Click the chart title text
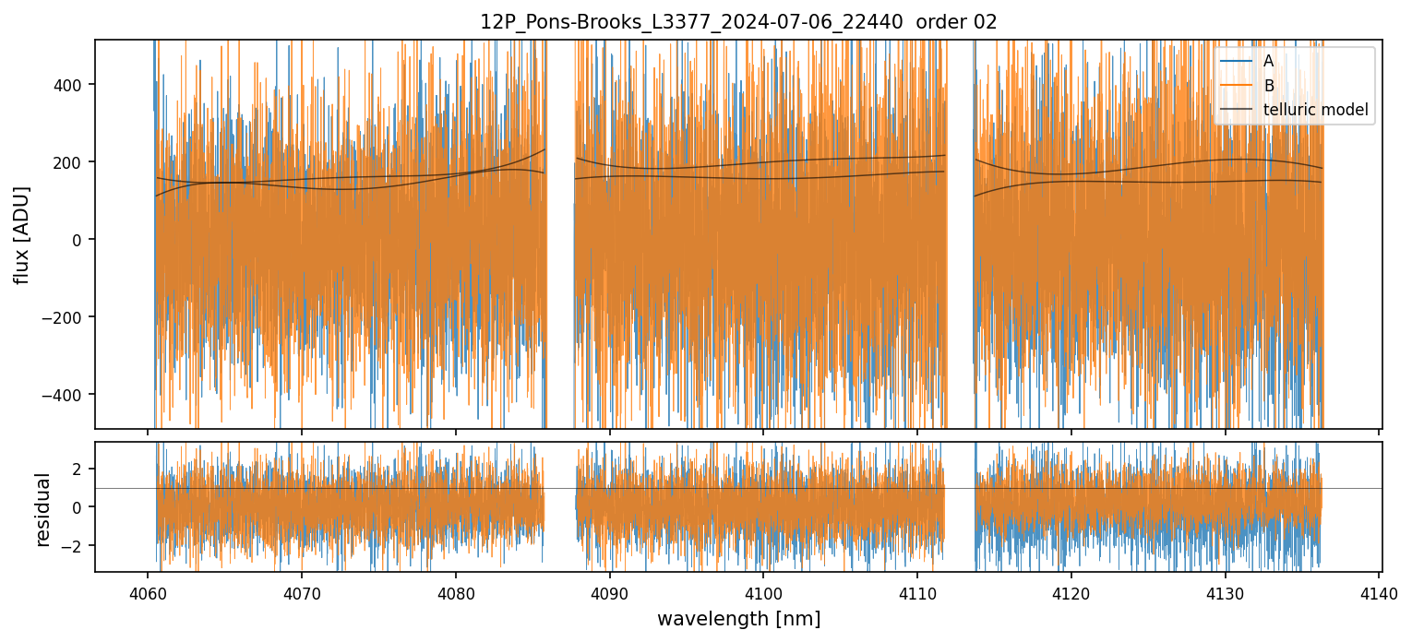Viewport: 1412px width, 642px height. point(738,22)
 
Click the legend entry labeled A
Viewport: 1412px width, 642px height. point(1269,62)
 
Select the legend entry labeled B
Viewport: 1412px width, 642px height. point(1269,87)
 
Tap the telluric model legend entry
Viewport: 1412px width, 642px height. point(1315,112)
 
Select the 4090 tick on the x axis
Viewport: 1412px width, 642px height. point(609,591)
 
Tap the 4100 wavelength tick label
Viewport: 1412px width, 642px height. point(763,591)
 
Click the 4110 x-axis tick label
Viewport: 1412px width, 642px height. point(916,591)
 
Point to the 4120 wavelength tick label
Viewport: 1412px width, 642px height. point(1071,591)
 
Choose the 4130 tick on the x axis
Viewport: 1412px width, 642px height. point(1225,591)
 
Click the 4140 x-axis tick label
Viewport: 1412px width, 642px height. point(1379,591)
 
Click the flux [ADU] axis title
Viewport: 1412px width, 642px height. point(21,235)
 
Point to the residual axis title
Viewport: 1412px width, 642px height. point(42,509)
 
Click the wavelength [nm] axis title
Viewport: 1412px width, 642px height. point(738,618)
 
